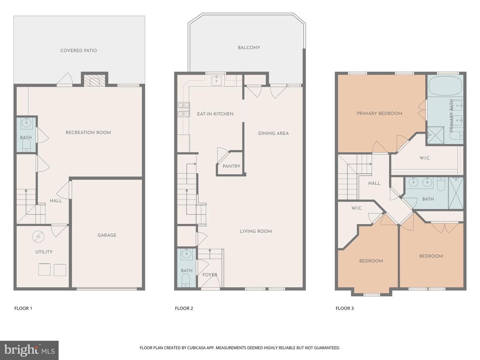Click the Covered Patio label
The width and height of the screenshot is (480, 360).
point(79,50)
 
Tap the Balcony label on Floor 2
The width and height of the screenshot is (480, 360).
point(249,48)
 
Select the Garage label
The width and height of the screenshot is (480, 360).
point(107,235)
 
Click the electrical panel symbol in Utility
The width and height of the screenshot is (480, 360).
point(38,237)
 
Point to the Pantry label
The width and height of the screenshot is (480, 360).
point(231,166)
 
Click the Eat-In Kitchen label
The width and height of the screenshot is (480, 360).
point(215,114)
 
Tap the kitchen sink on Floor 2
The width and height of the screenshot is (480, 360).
point(216,81)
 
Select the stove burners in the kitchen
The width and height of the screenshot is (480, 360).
point(184,110)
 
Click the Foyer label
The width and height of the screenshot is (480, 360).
point(210,275)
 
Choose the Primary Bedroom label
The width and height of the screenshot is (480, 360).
point(379,113)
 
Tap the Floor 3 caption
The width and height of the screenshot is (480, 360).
point(345,308)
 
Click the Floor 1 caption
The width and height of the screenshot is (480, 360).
point(23,308)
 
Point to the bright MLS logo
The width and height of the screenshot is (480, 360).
point(29,350)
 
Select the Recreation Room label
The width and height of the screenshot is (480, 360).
point(88,132)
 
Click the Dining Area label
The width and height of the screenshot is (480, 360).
point(273,133)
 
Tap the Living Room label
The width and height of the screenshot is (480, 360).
point(256,231)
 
